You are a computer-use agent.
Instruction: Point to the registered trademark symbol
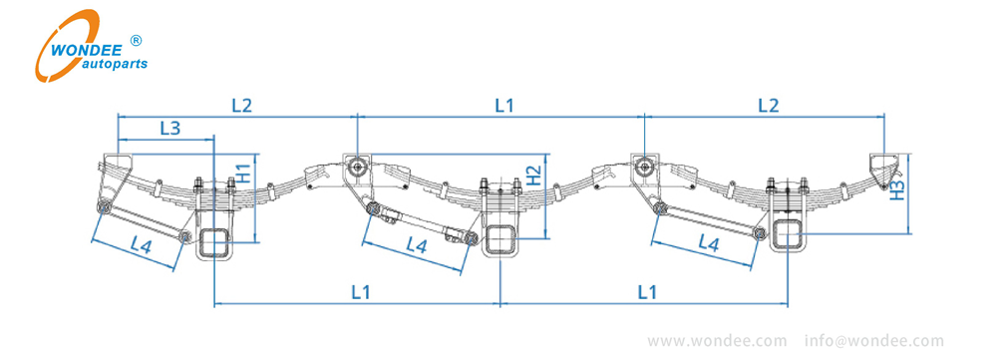(137, 41)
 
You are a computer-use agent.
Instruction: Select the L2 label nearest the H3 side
(769, 104)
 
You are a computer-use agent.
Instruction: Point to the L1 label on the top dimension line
(504, 104)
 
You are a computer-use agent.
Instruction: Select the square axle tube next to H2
(499, 239)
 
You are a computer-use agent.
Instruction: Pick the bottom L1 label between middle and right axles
(647, 292)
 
